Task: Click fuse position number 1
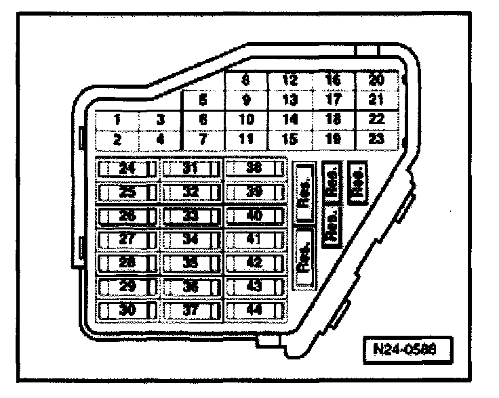click(117, 120)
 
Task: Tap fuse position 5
click(203, 100)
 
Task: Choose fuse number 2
click(117, 139)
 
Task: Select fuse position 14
click(290, 120)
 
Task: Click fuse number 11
click(246, 139)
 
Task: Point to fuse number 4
click(160, 139)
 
